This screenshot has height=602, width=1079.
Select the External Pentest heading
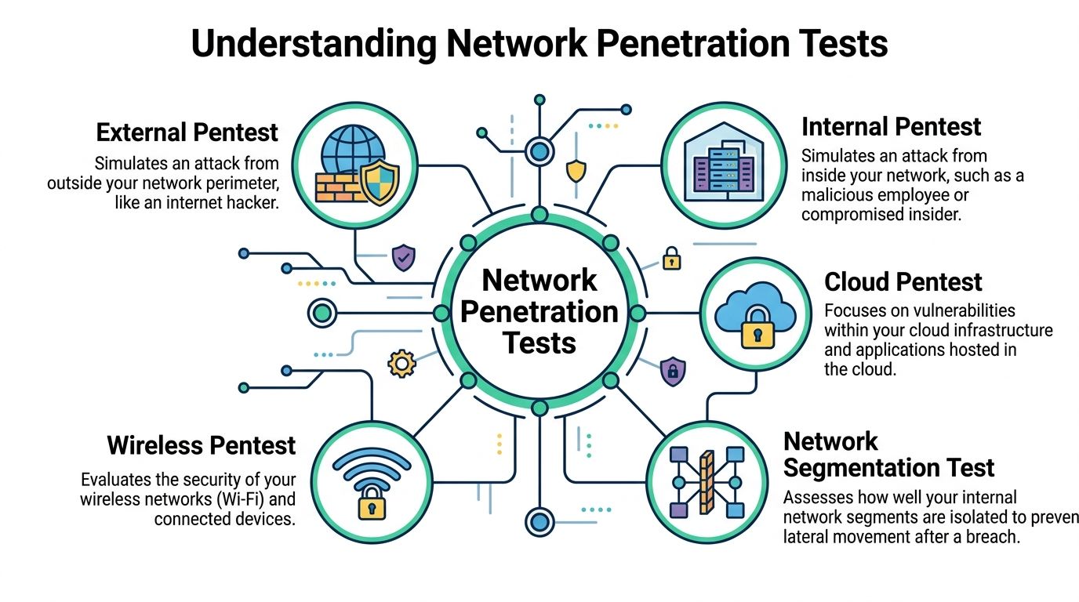click(187, 132)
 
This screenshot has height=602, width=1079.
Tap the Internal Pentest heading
click(891, 126)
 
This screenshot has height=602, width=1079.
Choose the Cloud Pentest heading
click(903, 281)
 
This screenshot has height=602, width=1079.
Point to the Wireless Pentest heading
click(201, 446)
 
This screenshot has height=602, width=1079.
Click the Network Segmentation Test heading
click(888, 455)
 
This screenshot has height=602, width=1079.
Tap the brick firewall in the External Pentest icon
click(338, 187)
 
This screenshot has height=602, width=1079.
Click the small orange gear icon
click(401, 363)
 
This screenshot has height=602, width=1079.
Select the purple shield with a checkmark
click(403, 256)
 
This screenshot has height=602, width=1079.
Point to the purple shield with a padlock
click(672, 371)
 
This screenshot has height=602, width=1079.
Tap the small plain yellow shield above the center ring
click(576, 171)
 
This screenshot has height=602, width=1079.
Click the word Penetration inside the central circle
click(539, 311)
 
